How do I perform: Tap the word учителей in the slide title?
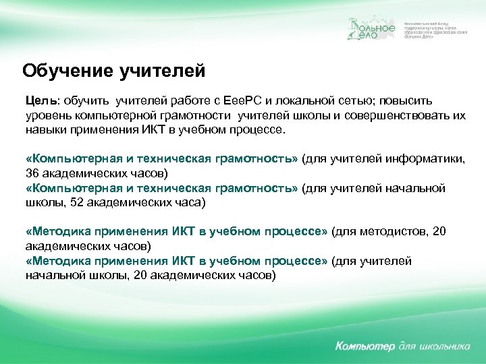pyautogui.click(x=157, y=70)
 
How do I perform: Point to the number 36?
pyautogui.click(x=32, y=173)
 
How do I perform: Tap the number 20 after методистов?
pyautogui.click(x=439, y=231)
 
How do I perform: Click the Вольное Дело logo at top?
pyautogui.click(x=371, y=30)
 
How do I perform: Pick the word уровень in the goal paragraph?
pyautogui.click(x=47, y=115)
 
